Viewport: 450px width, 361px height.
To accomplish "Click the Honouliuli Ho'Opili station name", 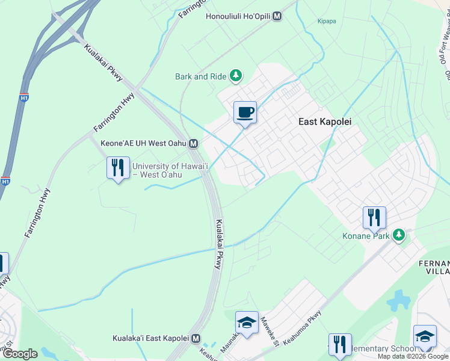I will coord(238,17).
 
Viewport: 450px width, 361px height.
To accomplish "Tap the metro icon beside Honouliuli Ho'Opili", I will coord(277,17).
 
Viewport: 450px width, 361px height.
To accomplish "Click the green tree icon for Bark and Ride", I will coord(237,76).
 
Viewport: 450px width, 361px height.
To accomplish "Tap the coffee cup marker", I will coord(245,112).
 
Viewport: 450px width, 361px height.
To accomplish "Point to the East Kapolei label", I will coord(325,121).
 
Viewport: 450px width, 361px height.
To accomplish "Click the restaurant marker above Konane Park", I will coord(374,217).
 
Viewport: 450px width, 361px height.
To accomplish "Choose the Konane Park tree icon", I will coord(398,235).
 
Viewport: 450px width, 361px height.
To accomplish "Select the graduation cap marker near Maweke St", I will coord(246,324).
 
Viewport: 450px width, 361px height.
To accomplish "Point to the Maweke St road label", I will coord(268,332).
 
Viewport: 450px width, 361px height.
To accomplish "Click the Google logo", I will coord(19,354).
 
